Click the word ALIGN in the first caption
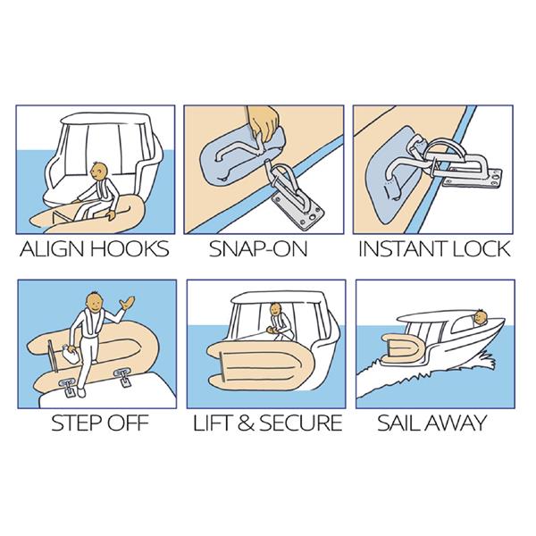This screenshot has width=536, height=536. coord(53,249)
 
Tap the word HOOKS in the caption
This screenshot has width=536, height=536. coord(130,249)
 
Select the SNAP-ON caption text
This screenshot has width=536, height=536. coord(258,249)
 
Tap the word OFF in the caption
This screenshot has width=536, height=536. coord(125,423)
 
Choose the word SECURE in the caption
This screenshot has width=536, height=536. coord(301,423)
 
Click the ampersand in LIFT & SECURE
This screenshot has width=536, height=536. coord(247,423)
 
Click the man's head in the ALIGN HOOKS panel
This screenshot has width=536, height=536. coord(99,171)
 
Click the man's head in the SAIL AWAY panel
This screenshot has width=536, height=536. coord(481,317)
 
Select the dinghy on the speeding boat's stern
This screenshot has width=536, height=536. coord(404,349)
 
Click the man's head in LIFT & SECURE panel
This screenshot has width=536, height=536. coord(275,310)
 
